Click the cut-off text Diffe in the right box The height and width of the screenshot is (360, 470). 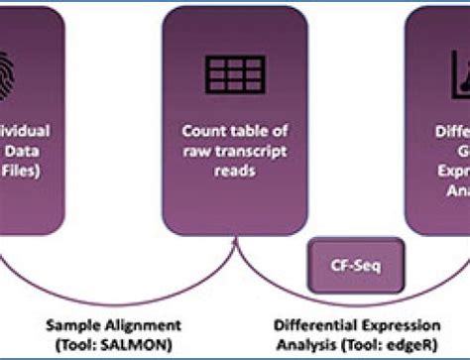coord(452,131)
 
